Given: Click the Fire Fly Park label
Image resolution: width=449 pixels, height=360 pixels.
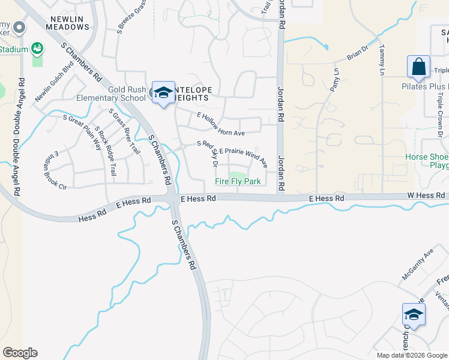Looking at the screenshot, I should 238,182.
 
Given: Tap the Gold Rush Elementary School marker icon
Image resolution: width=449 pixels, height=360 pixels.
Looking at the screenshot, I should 163,92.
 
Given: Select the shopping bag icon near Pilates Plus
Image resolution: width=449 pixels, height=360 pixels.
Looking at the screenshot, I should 418,67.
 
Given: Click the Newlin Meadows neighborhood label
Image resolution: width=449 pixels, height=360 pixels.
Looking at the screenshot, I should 67,22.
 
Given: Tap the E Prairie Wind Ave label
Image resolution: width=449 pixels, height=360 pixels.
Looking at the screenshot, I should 243,155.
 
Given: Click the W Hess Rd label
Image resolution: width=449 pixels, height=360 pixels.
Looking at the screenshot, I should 427,196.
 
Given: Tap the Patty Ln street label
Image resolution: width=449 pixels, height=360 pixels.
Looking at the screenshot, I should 333,79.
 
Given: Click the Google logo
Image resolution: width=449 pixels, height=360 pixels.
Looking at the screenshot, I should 19,353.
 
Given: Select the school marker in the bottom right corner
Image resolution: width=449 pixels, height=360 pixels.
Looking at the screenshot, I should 414,314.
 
